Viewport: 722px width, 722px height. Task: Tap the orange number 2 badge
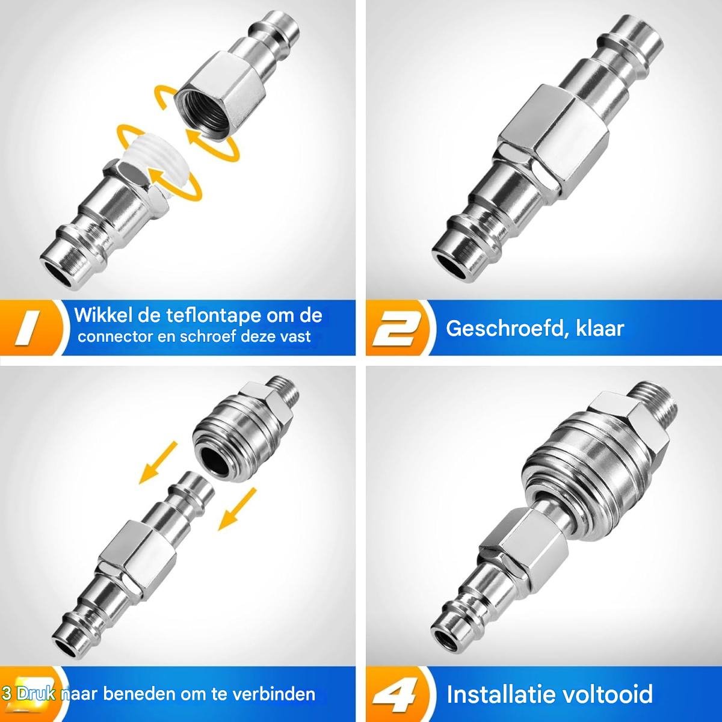tap(397, 329)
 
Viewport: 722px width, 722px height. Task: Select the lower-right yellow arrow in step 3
tap(238, 509)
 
